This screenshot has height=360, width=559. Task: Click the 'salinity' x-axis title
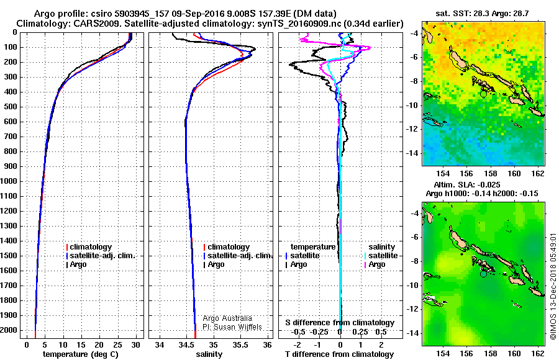tap(209, 354)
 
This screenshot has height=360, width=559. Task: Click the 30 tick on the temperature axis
tap(135, 344)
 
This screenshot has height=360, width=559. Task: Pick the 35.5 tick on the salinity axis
tap(240, 344)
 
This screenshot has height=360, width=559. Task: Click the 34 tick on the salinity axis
tap(160, 344)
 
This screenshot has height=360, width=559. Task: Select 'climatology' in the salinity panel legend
tap(229, 247)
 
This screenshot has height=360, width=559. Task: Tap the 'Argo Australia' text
tap(228, 318)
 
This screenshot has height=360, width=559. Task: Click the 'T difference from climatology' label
tap(340, 354)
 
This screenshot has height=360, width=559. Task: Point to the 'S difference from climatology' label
tap(340, 323)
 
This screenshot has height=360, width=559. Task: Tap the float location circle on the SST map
tap(484, 94)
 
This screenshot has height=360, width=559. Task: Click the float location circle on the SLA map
tap(484, 273)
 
